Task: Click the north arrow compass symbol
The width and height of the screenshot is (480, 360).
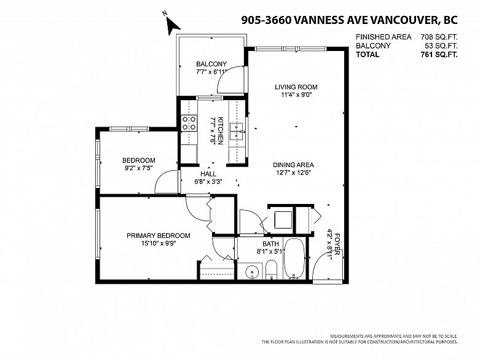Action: tap(172, 24)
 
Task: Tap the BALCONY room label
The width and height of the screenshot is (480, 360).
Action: tap(211, 64)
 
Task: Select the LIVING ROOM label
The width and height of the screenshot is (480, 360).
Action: tap(296, 87)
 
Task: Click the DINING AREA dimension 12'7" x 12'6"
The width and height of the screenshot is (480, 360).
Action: tap(293, 173)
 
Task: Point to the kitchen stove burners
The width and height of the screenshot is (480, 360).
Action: tap(189, 123)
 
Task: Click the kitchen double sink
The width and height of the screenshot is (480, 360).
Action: tap(237, 131)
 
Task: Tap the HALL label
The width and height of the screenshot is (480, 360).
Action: tap(208, 174)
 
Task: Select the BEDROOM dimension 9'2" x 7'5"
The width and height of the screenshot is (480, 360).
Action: tap(139, 168)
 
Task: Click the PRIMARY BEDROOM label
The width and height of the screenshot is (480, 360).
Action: tap(159, 235)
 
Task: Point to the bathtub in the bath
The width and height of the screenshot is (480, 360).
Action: tap(294, 258)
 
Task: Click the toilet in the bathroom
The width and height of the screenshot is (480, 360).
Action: tap(271, 270)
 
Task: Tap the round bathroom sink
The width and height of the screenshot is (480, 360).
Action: tap(252, 272)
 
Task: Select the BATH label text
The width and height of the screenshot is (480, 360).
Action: tap(270, 244)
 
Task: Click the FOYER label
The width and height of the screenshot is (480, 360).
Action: tap(337, 245)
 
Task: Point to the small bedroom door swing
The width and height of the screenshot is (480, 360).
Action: tap(165, 181)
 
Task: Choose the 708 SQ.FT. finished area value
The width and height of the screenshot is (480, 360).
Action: tap(439, 37)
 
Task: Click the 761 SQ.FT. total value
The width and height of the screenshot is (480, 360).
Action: tap(439, 55)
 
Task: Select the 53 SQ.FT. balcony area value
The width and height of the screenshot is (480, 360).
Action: tap(441, 46)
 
